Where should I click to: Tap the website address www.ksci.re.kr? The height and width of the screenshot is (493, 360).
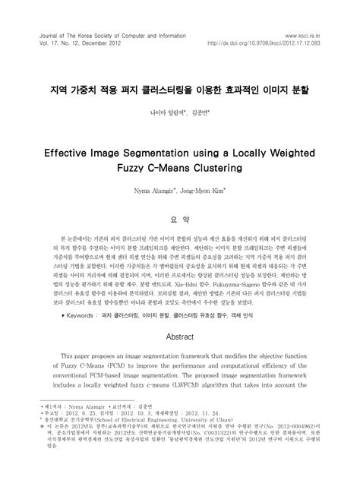click(302, 35)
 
